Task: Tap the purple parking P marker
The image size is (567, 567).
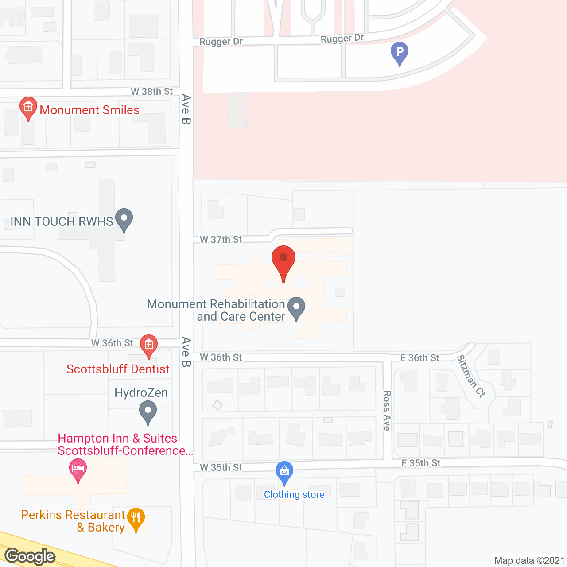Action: [400, 53]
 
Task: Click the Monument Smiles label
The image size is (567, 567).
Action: [89, 110]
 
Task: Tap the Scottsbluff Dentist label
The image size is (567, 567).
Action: [118, 369]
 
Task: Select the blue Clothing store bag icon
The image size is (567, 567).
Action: [284, 473]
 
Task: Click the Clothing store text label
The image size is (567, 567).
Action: [294, 494]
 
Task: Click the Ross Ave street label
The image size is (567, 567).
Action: [387, 410]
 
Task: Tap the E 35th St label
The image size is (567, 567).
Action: [421, 463]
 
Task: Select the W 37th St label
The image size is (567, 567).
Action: [221, 239]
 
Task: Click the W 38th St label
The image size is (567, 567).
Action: [151, 91]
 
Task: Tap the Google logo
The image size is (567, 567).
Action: [30, 556]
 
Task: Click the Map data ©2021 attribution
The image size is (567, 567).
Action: [529, 560]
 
